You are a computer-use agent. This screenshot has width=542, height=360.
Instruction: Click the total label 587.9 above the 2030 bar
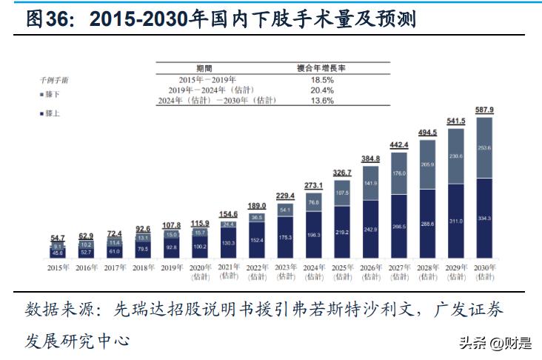485,110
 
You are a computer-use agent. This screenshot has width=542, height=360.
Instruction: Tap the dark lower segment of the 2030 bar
485,219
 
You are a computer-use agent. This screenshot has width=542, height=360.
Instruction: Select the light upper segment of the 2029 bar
456,156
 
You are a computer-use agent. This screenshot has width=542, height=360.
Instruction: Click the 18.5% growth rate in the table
320,79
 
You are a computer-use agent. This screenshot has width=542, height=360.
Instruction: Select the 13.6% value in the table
320,100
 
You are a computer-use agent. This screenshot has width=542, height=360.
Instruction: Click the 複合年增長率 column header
321,67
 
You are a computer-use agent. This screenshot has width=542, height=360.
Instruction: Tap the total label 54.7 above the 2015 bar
58,238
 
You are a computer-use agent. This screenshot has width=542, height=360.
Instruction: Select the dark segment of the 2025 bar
342,232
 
